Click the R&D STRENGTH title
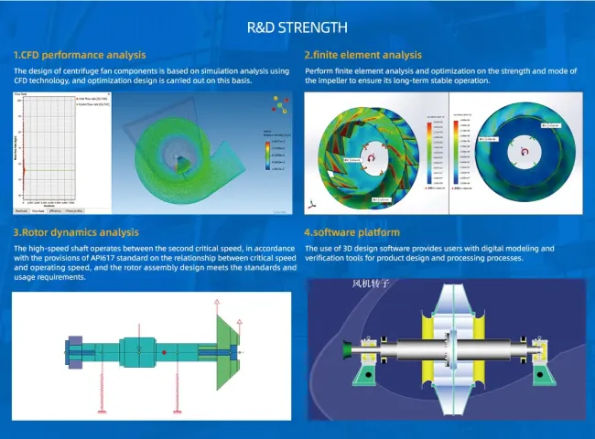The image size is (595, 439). click(x=297, y=27)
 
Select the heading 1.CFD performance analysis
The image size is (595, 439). click(x=80, y=55)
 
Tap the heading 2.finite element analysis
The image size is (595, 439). click(x=363, y=55)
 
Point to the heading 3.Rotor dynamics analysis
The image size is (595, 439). click(x=76, y=232)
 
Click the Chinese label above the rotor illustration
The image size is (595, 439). click(x=371, y=284)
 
